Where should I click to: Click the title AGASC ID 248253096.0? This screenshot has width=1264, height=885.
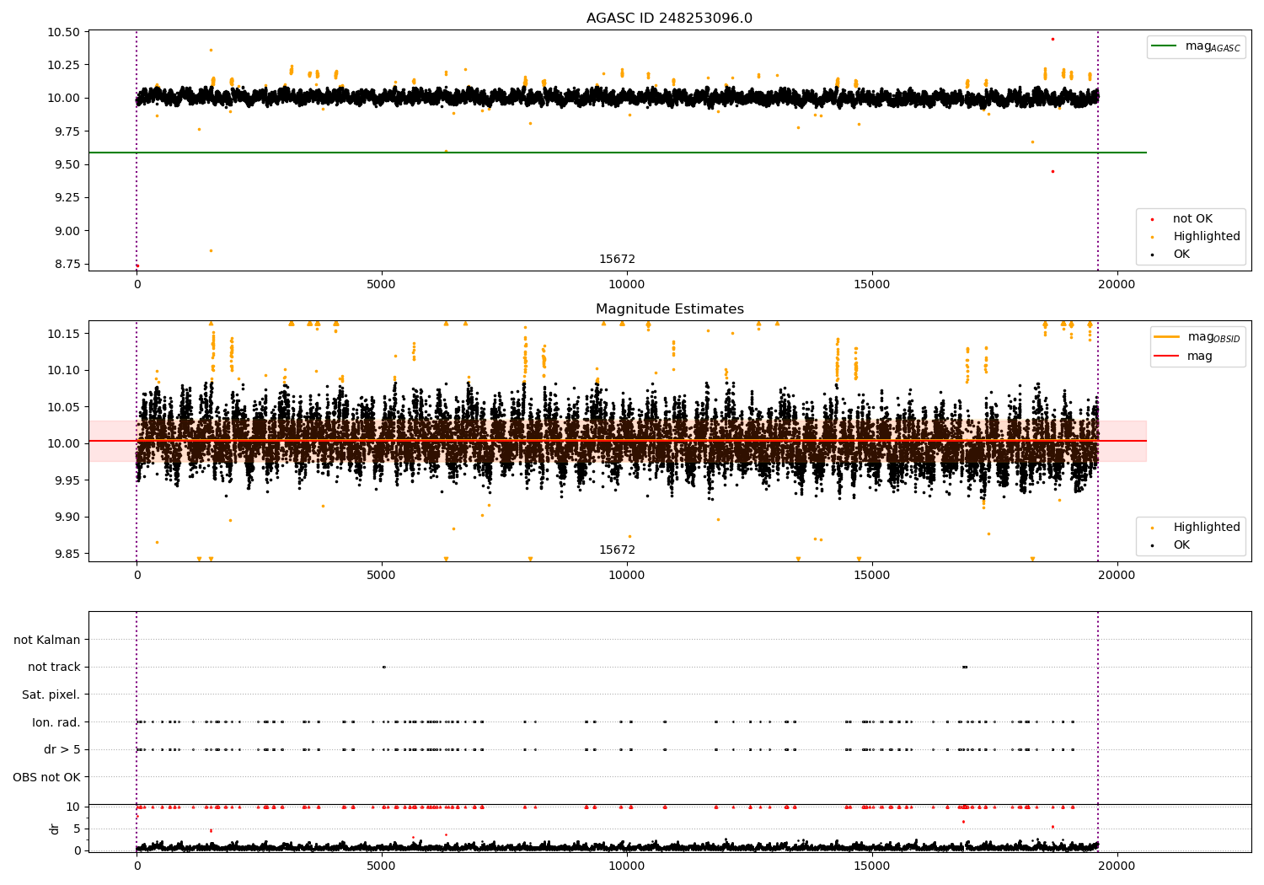point(669,18)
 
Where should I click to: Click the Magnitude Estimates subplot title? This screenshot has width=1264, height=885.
point(670,308)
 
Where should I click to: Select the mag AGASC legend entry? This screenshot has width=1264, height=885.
point(1196,46)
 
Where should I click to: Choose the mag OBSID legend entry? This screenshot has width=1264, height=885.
point(1197,337)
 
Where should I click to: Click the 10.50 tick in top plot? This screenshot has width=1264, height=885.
point(64,32)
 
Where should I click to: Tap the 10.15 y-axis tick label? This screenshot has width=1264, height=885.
point(64,334)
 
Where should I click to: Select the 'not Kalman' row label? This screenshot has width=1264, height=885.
point(47,640)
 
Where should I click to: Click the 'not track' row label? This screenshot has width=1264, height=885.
point(54,667)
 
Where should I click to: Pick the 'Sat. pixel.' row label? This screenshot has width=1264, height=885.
point(51,695)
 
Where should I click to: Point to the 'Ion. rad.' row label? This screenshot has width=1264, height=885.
point(56,721)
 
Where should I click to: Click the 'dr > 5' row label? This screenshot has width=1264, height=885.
point(62,749)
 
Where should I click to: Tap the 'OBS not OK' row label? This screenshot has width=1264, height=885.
point(47,777)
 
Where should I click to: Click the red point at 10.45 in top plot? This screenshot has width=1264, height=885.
point(1053,39)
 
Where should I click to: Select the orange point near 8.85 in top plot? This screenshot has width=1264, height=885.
point(211,250)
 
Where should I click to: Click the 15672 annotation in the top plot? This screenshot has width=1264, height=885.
point(617,259)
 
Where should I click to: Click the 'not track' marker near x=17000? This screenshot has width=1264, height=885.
point(965,668)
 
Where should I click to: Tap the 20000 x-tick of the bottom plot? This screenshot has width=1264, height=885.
point(1117,866)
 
